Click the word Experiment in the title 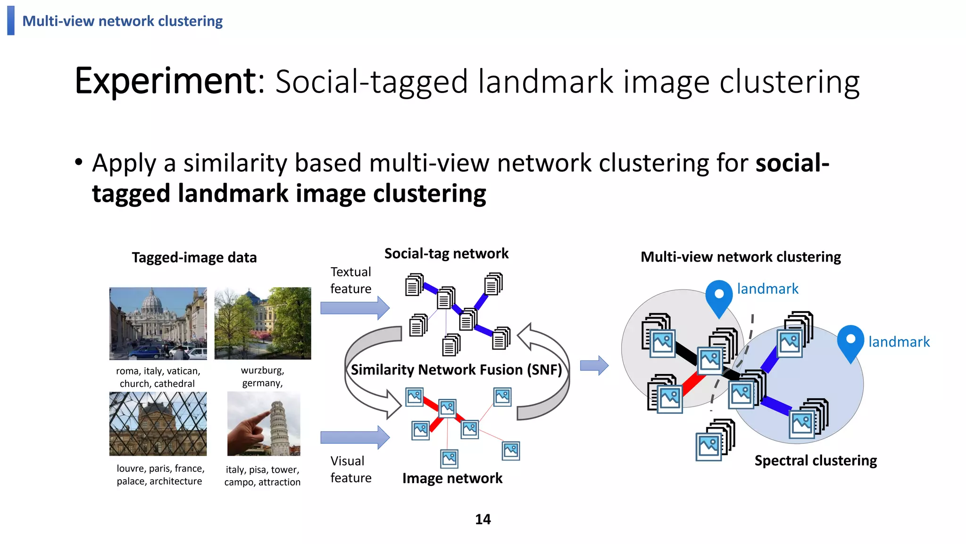[x=165, y=81]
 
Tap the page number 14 [x=483, y=519]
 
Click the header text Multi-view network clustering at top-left [x=122, y=21]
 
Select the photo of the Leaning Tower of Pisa [x=264, y=424]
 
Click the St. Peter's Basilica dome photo [x=158, y=323]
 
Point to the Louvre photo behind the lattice [x=158, y=424]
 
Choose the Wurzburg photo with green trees [x=263, y=323]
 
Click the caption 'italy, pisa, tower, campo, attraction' [x=262, y=476]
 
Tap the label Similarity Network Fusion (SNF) [x=456, y=369]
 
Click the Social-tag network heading [x=446, y=254]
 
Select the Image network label [x=452, y=478]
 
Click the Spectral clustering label [x=816, y=460]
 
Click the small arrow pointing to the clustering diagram [x=594, y=365]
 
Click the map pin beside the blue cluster [x=850, y=343]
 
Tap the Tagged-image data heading [x=194, y=257]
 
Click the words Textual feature [x=350, y=280]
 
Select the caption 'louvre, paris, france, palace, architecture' [x=160, y=475]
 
